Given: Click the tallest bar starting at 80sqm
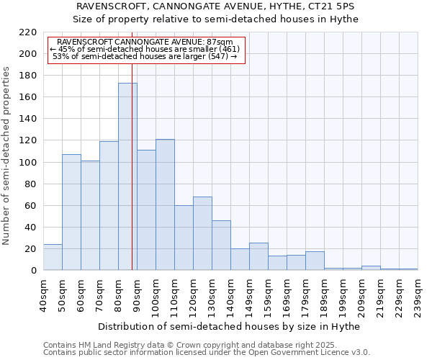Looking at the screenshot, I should [x=127, y=176].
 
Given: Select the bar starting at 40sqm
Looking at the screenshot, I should [x=53, y=257].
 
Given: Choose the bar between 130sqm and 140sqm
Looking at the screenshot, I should [x=221, y=245].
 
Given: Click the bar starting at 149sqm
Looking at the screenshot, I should [x=258, y=256].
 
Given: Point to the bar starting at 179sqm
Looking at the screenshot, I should [x=315, y=261].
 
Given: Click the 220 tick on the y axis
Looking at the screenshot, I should [x=28, y=32].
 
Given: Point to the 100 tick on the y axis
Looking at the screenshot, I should [x=28, y=163].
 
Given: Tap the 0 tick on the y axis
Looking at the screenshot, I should [x=34, y=271].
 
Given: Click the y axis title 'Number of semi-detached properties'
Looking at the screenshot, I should [x=7, y=156].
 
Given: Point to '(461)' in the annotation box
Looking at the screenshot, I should [x=228, y=49].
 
